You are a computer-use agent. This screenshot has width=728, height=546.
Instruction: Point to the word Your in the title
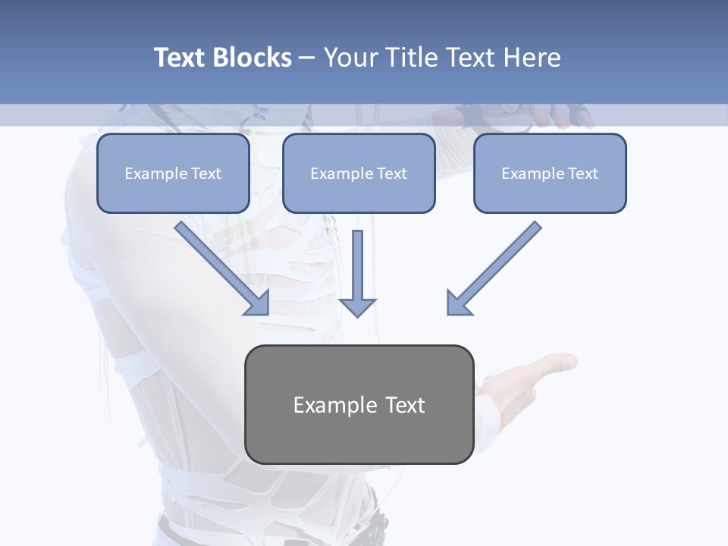[351, 58]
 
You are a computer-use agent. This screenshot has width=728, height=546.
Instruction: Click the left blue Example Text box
[173, 173]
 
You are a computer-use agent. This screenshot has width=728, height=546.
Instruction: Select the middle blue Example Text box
[359, 173]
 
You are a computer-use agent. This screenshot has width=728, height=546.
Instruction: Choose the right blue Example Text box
[550, 173]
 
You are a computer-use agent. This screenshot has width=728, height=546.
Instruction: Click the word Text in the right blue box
[582, 174]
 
